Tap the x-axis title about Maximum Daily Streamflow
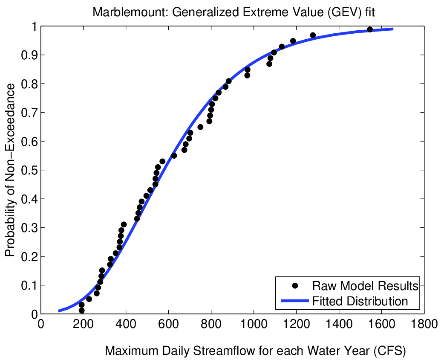coord(256,351)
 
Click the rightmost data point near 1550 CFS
coord(370,29)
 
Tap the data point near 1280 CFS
coord(313,35)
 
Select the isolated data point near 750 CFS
coord(200,127)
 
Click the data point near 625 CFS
coord(174,156)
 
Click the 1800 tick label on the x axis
coord(424,324)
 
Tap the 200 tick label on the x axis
coord(84,324)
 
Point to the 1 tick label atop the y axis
coord(33,26)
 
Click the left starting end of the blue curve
coord(59,311)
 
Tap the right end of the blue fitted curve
coord(392,29)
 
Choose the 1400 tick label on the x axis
coord(339,324)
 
